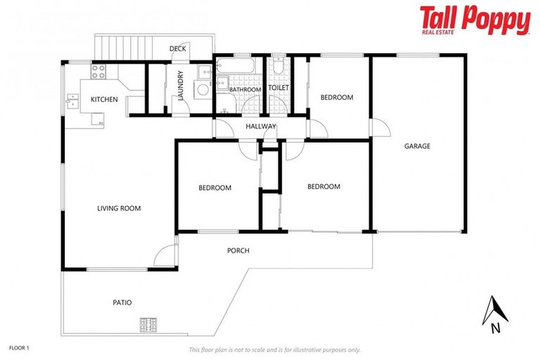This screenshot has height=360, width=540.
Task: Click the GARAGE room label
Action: click(x=417, y=146)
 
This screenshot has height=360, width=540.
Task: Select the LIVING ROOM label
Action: click(x=119, y=208)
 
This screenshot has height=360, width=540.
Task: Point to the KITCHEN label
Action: click(x=104, y=100)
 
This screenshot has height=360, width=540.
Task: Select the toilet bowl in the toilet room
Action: click(x=278, y=67)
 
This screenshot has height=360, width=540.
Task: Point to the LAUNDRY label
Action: click(x=181, y=85)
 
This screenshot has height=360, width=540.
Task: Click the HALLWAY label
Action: click(x=261, y=127)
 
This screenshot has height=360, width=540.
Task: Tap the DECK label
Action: click(x=178, y=49)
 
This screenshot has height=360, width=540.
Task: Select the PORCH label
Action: click(x=238, y=250)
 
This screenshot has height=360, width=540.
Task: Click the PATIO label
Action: click(x=122, y=302)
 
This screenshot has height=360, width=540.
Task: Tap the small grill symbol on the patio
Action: click(x=148, y=324)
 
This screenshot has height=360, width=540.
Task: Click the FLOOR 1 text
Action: click(x=19, y=347)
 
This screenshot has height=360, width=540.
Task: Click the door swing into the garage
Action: click(x=380, y=129)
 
